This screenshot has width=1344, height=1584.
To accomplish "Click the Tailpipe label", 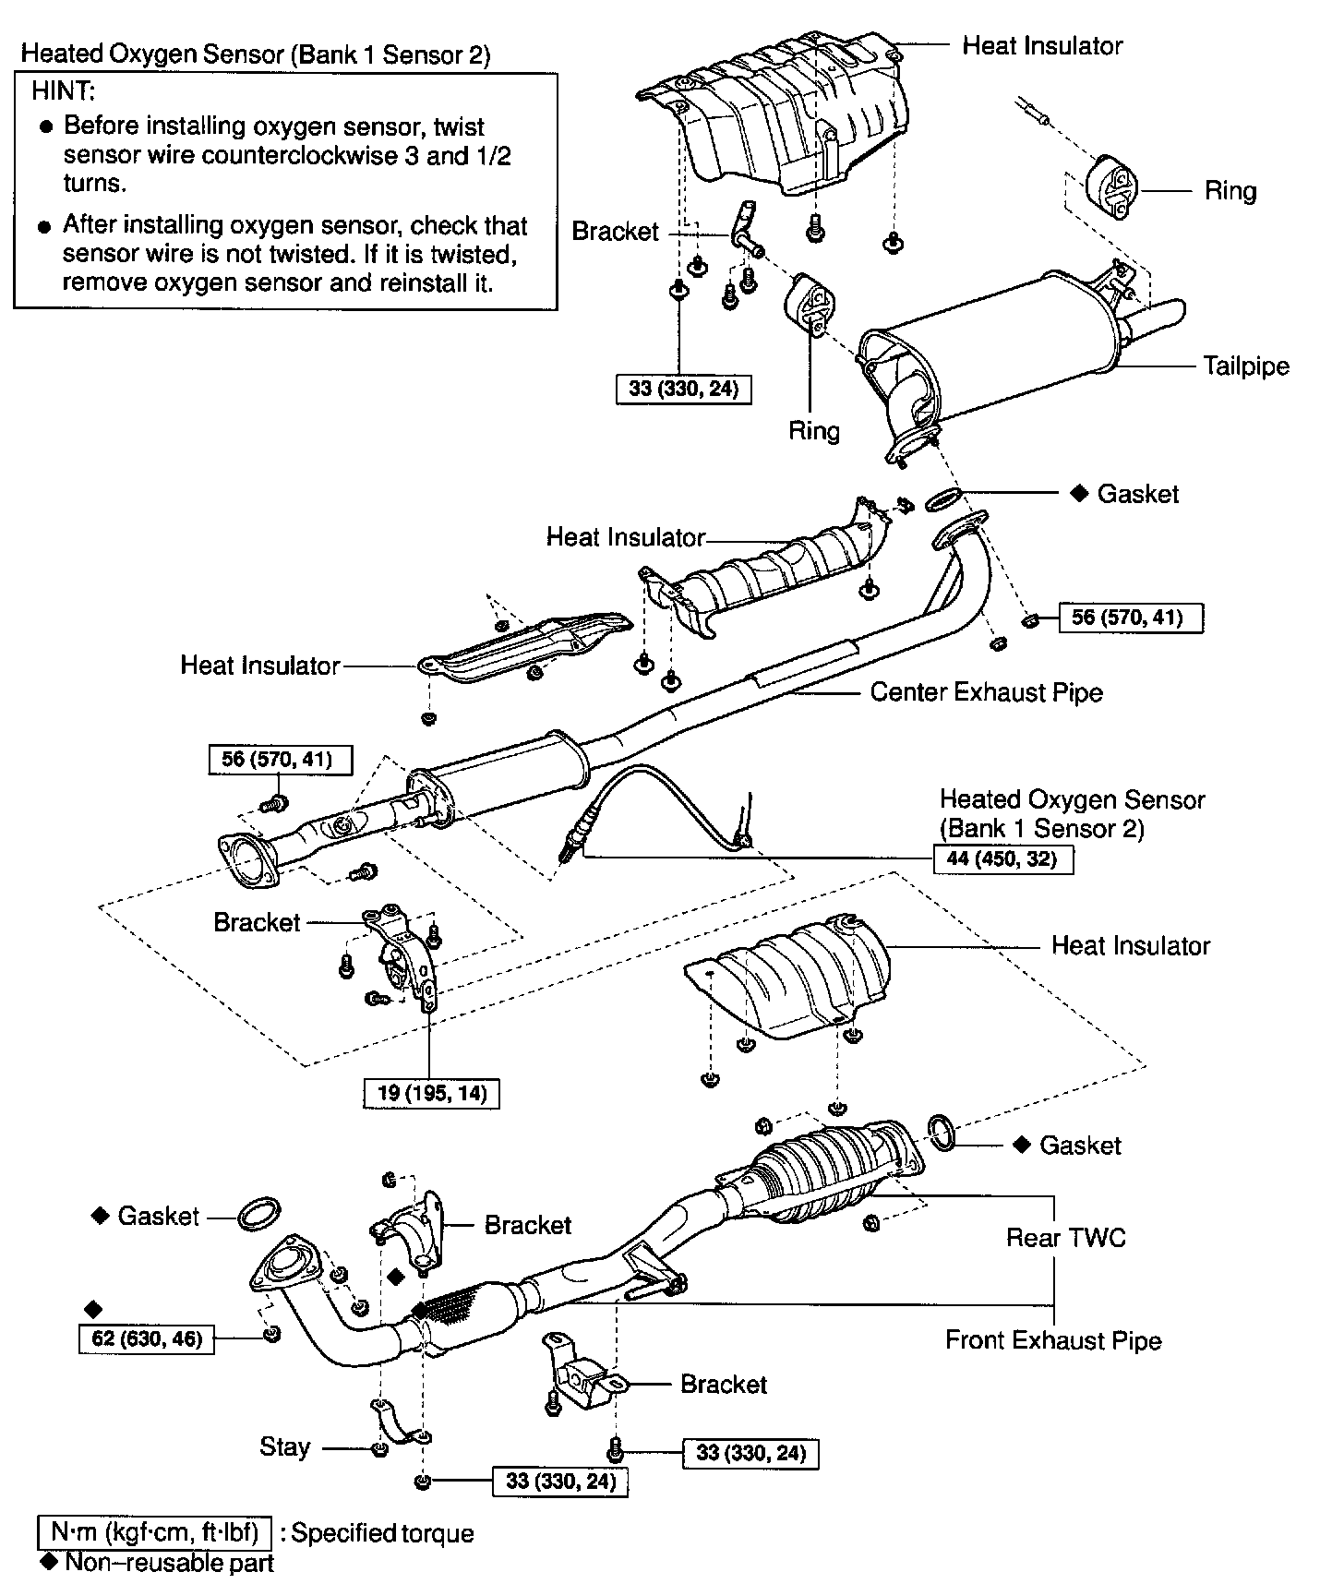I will click(1245, 366).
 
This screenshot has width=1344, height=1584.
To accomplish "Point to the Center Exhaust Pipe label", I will click(986, 692).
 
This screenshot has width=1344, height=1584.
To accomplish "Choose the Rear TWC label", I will click(1066, 1237).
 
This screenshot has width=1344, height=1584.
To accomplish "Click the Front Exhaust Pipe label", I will click(1053, 1340).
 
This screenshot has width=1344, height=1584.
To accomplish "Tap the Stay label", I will click(284, 1446).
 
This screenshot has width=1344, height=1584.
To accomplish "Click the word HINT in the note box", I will click(64, 91).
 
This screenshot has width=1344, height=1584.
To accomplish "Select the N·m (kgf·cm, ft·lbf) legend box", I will click(154, 1533).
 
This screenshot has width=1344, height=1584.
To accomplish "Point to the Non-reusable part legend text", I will click(169, 1562).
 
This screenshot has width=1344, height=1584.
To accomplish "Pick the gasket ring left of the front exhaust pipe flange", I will click(259, 1215).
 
